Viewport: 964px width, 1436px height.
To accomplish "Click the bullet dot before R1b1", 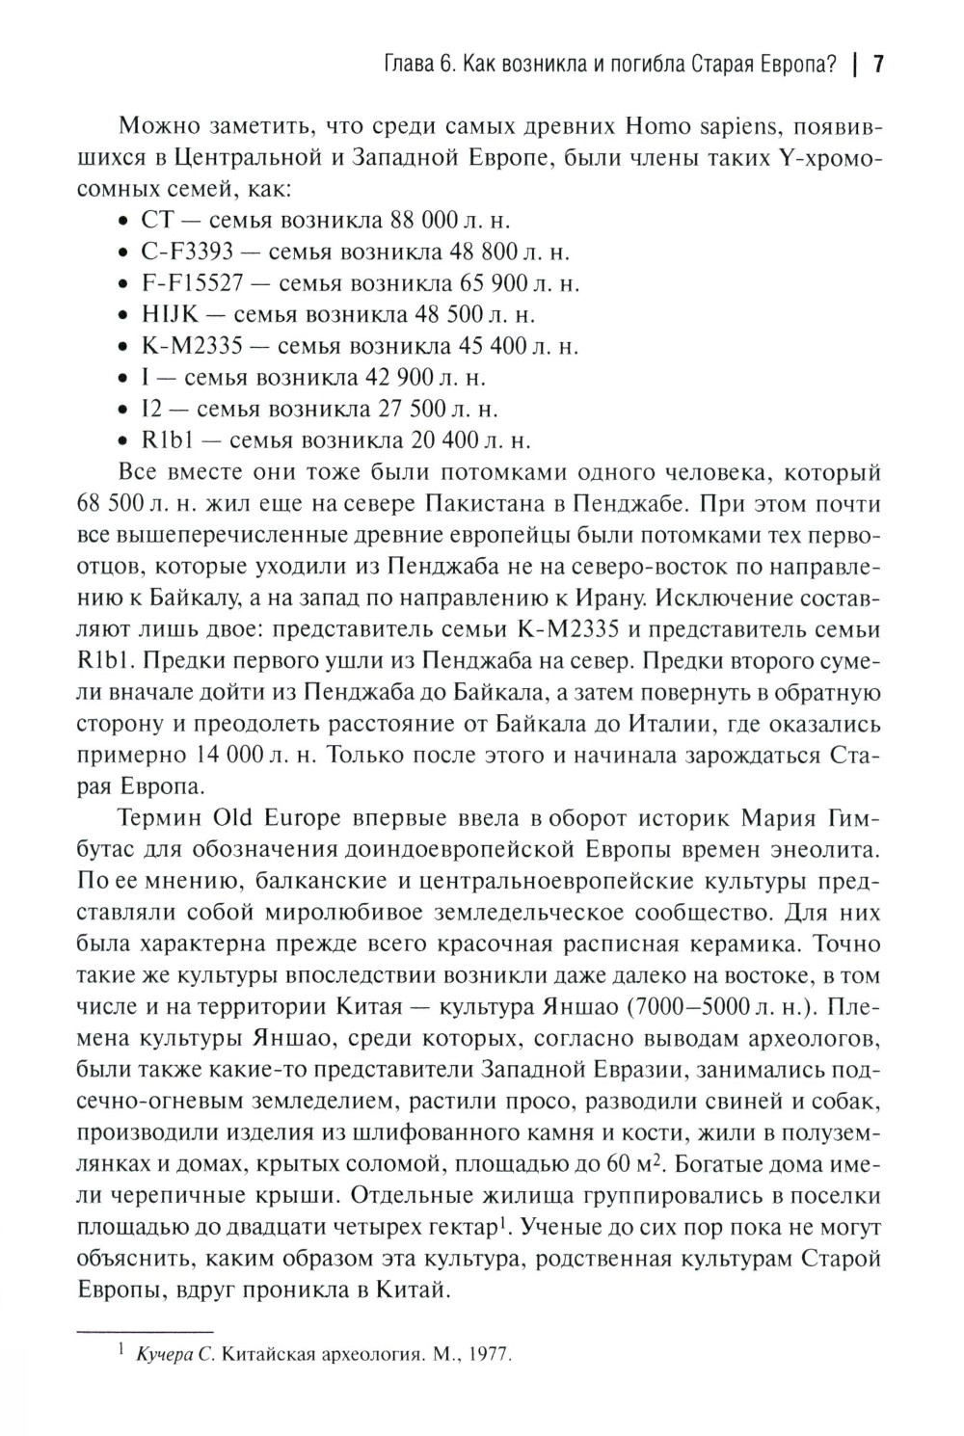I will [121, 441].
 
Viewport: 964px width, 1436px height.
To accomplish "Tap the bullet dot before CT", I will [121, 221].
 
